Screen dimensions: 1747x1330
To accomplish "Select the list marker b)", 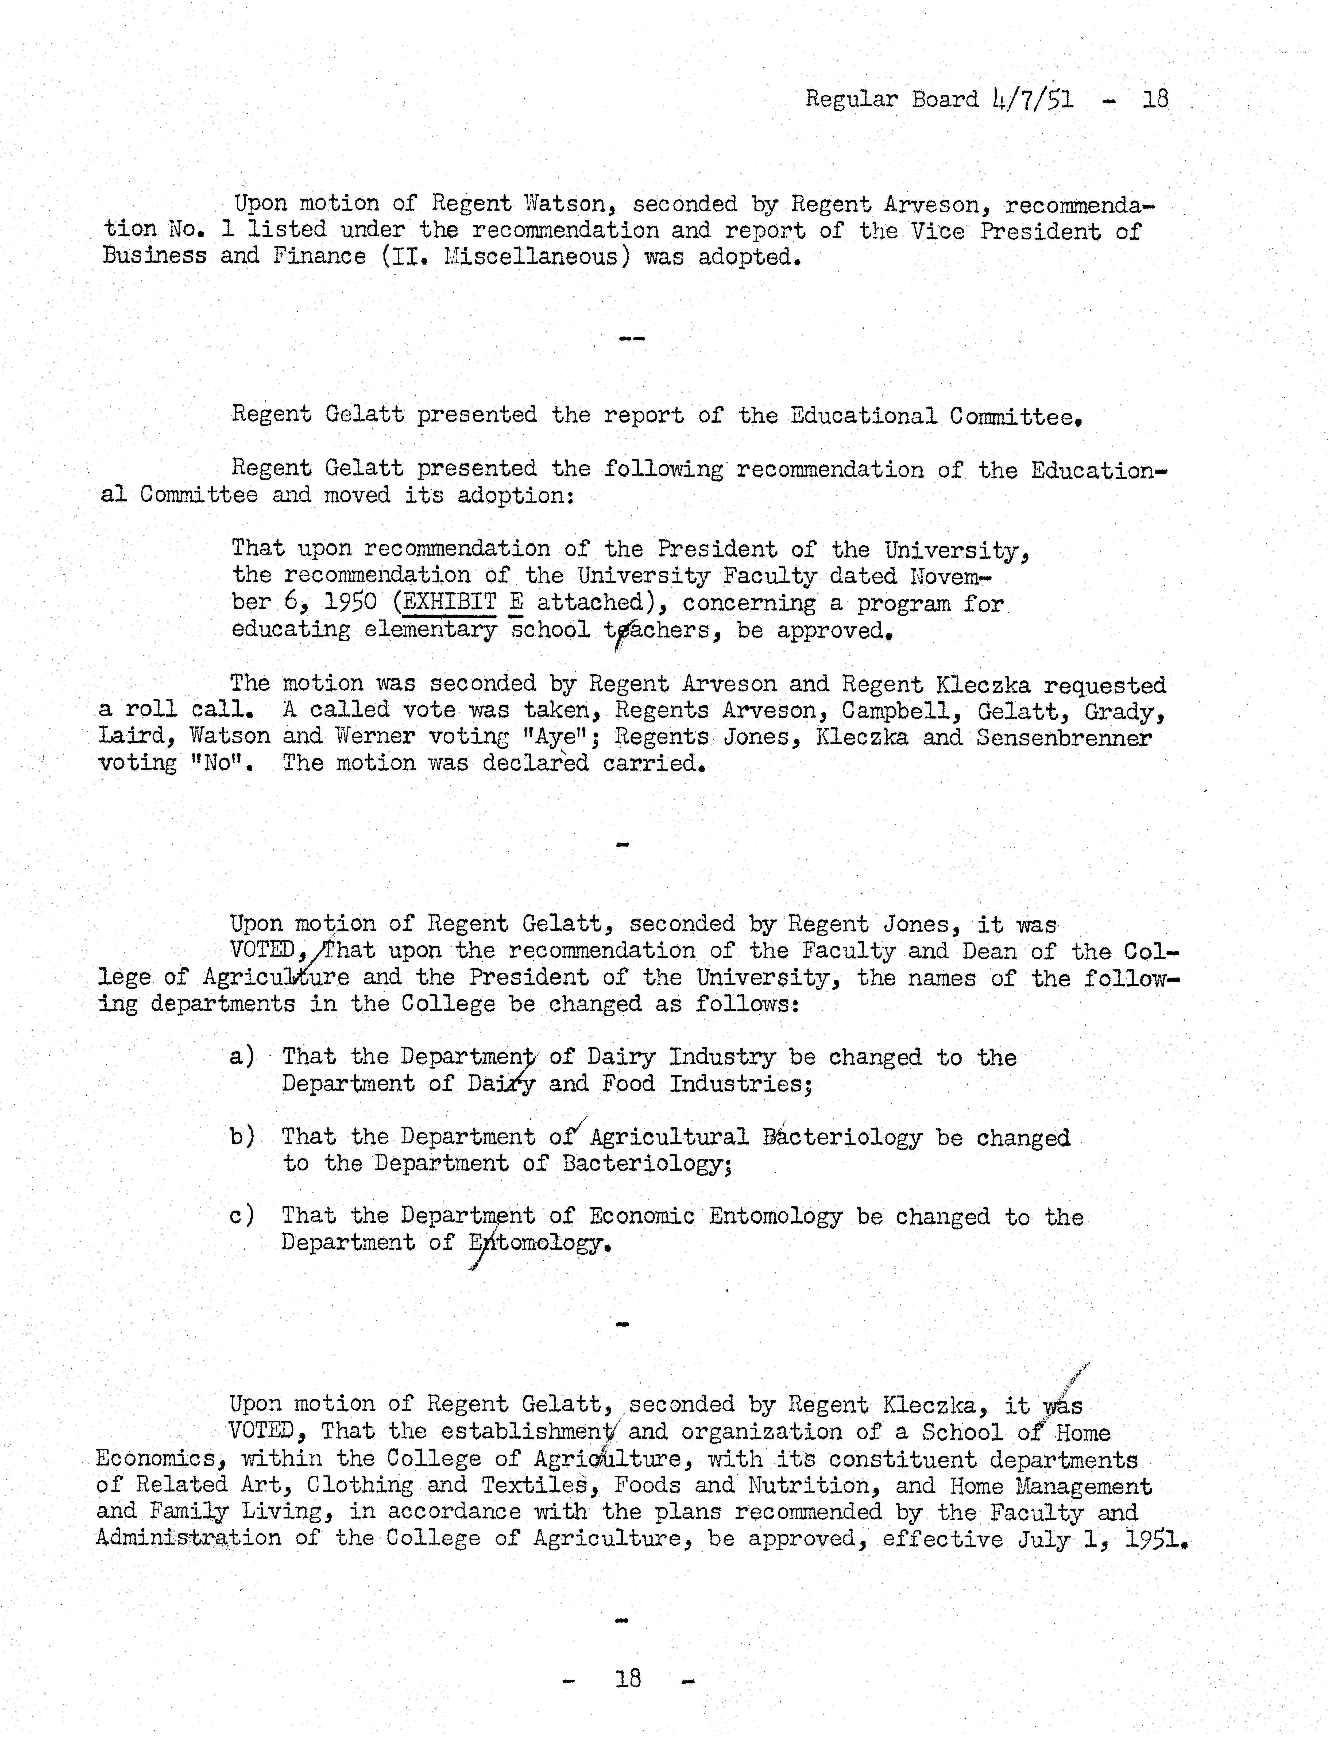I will [241, 1137].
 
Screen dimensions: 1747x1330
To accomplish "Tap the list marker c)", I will [241, 1216].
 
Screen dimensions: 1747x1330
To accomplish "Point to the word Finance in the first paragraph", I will [319, 257].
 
